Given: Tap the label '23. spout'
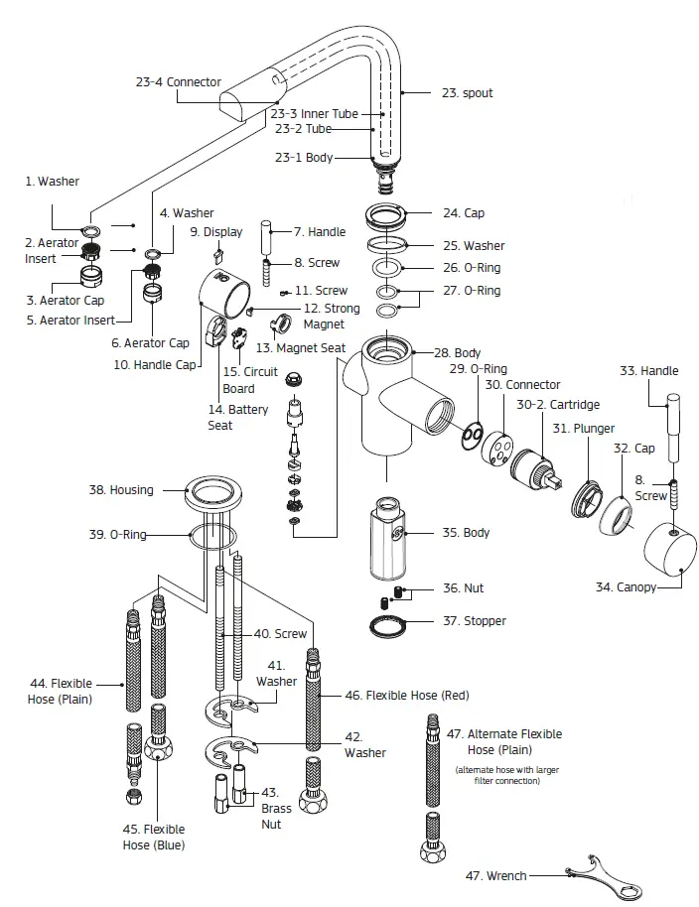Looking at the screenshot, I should click(x=467, y=93).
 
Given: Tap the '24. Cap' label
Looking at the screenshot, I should click(x=464, y=213).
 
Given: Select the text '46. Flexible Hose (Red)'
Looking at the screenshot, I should click(x=407, y=695).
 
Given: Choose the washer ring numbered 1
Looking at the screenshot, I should click(x=91, y=232).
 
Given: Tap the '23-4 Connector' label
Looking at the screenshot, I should click(x=179, y=82).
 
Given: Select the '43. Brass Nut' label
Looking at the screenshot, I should click(x=276, y=808).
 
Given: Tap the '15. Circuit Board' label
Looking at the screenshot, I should click(x=238, y=380).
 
